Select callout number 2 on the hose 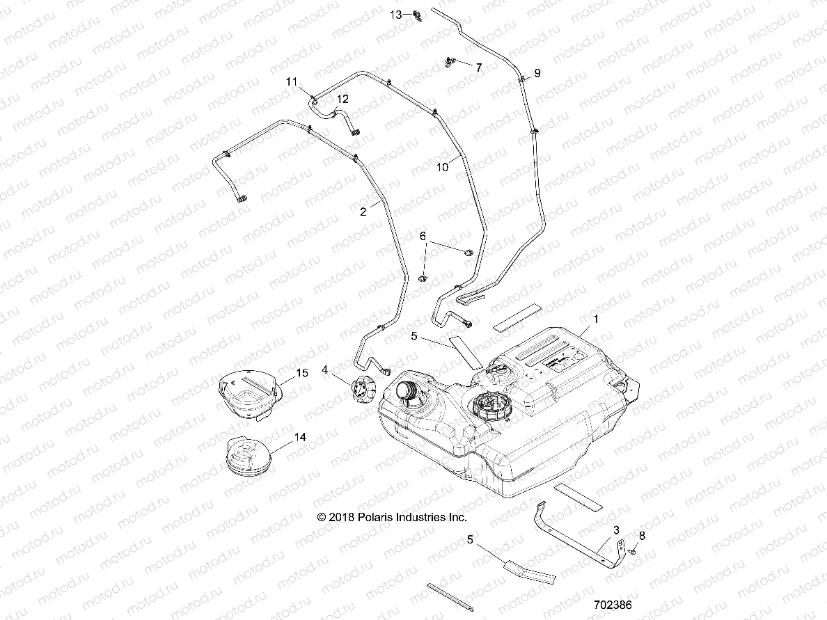(x=363, y=212)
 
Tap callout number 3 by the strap (x=615, y=530)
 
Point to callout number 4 (x=324, y=369)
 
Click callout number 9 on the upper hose (x=537, y=72)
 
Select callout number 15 (x=302, y=373)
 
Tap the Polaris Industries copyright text (x=392, y=517)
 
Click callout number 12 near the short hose (x=342, y=100)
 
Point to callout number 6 (x=422, y=236)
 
